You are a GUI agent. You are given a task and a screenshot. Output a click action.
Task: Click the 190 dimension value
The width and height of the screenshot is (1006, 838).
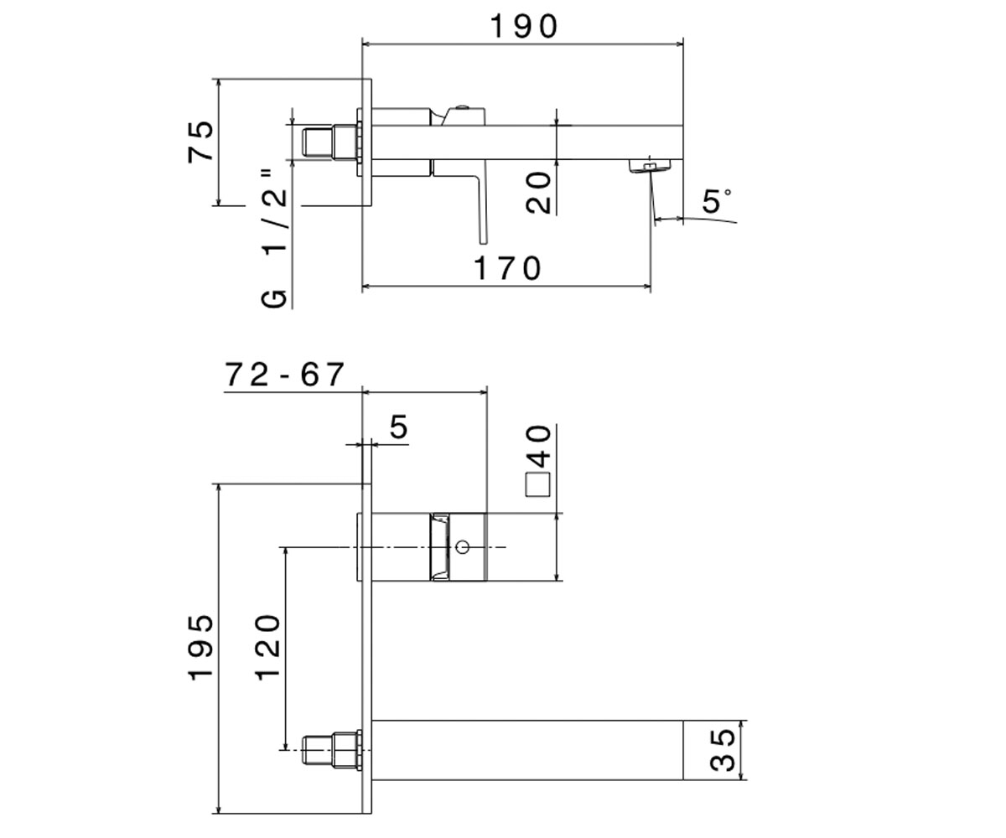click(524, 27)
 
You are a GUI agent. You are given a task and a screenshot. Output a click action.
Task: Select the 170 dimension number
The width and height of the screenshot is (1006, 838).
click(508, 268)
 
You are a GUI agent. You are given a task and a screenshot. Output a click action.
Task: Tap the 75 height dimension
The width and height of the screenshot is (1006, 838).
click(200, 142)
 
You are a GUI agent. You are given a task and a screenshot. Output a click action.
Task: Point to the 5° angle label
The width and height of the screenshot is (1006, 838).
click(717, 201)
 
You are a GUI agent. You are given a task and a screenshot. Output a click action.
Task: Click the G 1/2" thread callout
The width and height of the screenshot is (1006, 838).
click(274, 240)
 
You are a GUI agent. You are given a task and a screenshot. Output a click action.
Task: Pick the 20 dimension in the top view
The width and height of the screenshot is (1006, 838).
click(539, 193)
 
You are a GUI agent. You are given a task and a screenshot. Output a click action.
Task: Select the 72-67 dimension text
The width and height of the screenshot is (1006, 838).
click(285, 375)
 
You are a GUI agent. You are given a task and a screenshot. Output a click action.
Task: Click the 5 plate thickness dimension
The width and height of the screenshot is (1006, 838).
click(399, 427)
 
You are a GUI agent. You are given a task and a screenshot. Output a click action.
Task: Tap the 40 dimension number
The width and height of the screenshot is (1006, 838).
click(539, 447)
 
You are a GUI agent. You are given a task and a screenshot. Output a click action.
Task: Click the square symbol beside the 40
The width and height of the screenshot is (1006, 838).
click(538, 484)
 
